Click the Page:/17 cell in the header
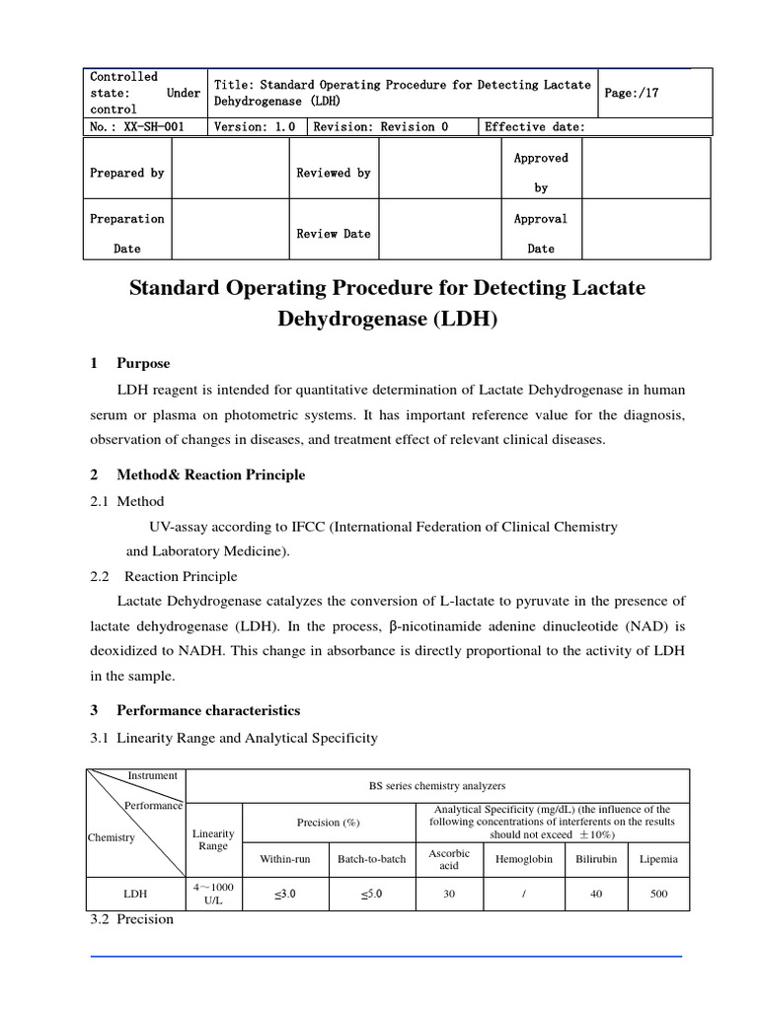pos(631,93)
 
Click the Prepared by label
pos(127,173)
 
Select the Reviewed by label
pos(334,173)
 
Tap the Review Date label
pos(334,234)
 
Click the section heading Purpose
pos(143,364)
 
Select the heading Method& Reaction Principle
pos(210,474)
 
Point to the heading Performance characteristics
pos(208,710)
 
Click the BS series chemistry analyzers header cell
pos(436,786)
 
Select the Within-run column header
pos(284,859)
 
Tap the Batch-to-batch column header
pos(371,859)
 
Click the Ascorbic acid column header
pos(450,859)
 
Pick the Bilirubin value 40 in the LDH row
pos(596,894)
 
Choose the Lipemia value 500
pos(658,894)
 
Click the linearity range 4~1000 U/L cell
pos(213,894)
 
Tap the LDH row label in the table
pos(135,894)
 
